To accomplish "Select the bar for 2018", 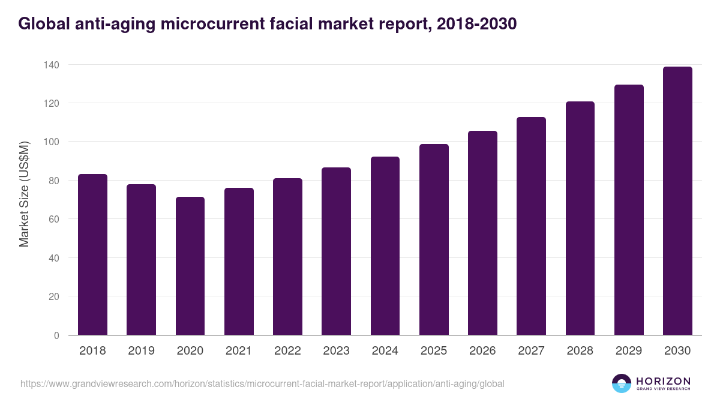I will click(92, 254).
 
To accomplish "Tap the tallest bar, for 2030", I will click(677, 201).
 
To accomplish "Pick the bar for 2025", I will click(434, 239).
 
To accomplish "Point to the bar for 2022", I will click(287, 256).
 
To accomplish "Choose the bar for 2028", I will click(580, 218).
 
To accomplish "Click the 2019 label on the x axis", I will click(141, 351).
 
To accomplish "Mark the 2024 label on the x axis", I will click(385, 351).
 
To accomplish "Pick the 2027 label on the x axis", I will click(531, 351).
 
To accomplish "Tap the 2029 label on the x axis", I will click(629, 351).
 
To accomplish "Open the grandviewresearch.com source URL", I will click(262, 383).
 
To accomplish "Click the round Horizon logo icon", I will click(622, 383).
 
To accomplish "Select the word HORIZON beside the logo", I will click(663, 381).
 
